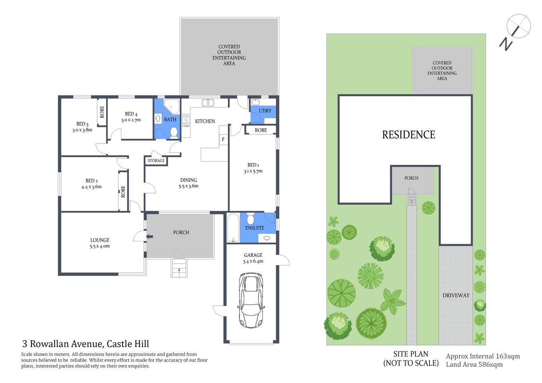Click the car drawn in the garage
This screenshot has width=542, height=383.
(x=251, y=300)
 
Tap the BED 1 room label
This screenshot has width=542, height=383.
(x=253, y=165)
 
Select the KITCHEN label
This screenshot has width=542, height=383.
(x=205, y=121)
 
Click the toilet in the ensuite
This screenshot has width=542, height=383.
(x=250, y=219)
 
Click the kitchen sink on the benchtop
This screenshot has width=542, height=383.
(x=208, y=103)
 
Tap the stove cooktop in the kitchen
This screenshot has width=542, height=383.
(x=186, y=120)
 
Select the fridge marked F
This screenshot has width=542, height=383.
(x=223, y=139)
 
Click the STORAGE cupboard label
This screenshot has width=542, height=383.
(x=156, y=161)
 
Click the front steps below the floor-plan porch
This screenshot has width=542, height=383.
(x=179, y=268)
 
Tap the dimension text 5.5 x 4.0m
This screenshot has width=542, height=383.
(x=100, y=246)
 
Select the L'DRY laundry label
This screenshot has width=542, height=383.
(x=265, y=111)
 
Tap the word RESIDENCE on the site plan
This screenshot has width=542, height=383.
(x=409, y=135)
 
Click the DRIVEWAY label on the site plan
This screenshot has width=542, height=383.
(x=456, y=296)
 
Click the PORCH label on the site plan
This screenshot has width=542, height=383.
(x=411, y=178)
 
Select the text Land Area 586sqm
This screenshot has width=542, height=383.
(x=474, y=365)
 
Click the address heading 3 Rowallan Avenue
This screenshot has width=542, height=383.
(x=85, y=344)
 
